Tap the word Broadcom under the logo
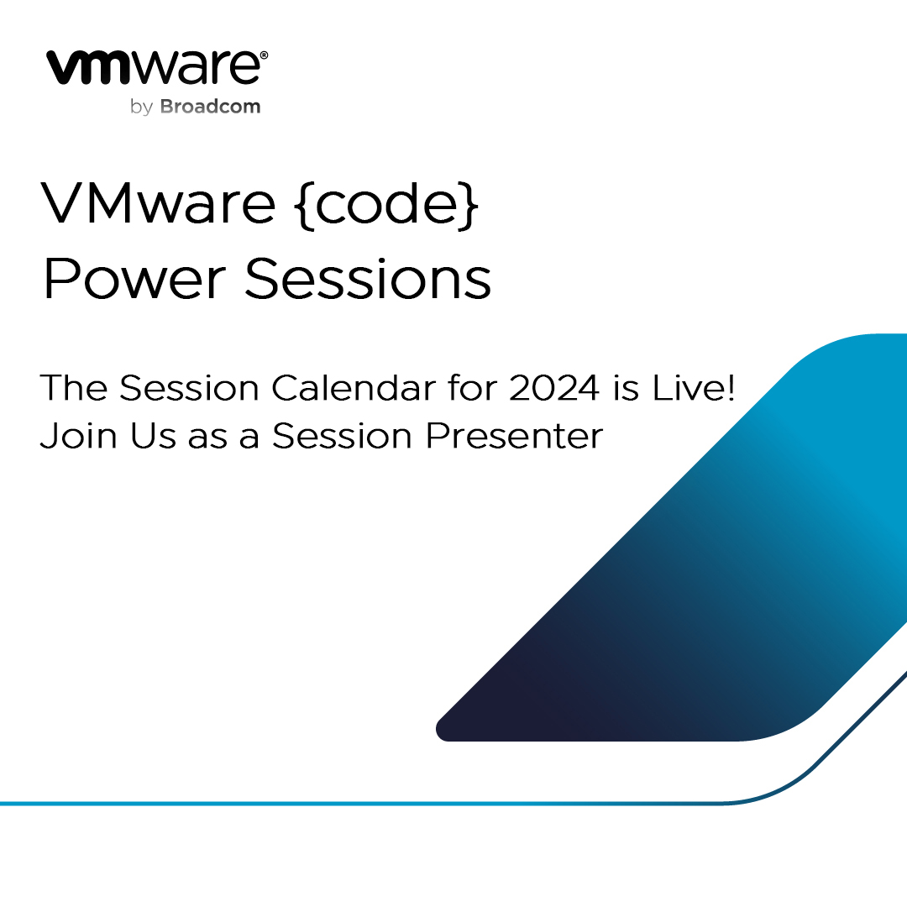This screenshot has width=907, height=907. (x=210, y=107)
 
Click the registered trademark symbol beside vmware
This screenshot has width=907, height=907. (x=264, y=55)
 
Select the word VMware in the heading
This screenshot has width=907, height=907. (x=158, y=204)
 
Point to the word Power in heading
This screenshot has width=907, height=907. (x=133, y=279)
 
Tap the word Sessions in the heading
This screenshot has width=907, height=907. (x=367, y=279)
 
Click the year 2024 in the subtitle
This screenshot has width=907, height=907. (x=556, y=388)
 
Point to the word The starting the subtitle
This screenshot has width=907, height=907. (x=73, y=388)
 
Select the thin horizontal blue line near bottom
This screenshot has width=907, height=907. (x=336, y=804)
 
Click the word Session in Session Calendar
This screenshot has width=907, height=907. (x=188, y=388)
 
